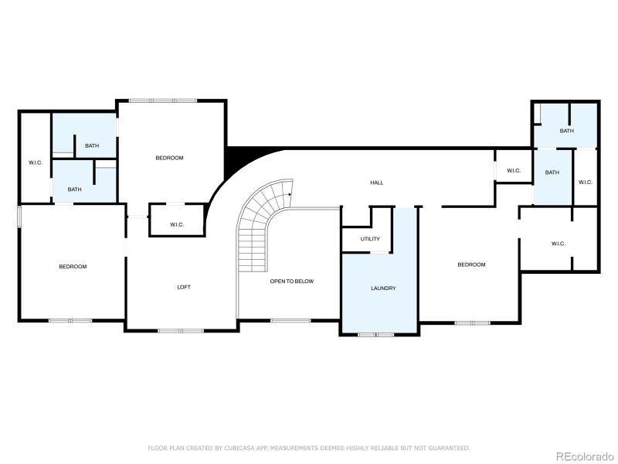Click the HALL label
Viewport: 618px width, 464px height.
tap(376, 183)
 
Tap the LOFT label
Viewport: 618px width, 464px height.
tap(184, 287)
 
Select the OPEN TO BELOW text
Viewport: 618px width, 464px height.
tap(291, 281)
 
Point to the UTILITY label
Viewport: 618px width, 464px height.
tap(370, 239)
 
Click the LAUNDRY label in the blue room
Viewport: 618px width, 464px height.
tap(383, 288)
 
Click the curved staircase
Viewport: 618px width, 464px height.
tap(259, 224)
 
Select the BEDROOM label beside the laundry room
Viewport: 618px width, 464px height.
tap(471, 264)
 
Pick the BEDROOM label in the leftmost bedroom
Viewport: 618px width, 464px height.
tap(73, 267)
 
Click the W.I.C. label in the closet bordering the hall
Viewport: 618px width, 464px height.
tap(514, 171)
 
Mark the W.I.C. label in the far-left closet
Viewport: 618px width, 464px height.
tap(35, 162)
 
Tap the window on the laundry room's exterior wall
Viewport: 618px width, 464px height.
tap(376, 334)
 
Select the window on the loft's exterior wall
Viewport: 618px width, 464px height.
tap(181, 331)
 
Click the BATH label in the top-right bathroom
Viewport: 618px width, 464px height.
tap(566, 131)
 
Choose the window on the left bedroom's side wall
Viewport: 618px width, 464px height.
tap(19, 217)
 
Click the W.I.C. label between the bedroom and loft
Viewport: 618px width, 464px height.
tap(176, 225)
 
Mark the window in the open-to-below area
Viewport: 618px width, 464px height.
tap(290, 320)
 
